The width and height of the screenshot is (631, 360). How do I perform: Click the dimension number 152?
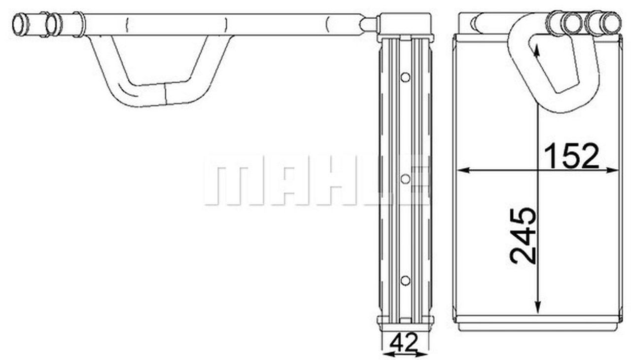pyautogui.click(x=571, y=155)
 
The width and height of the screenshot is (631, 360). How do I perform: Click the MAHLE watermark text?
pyautogui.click(x=315, y=180)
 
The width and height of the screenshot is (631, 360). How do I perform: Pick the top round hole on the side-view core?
pyautogui.click(x=405, y=77)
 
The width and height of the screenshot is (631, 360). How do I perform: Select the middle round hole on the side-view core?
pyautogui.click(x=405, y=179)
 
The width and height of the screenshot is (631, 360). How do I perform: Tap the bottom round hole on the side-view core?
pyautogui.click(x=405, y=280)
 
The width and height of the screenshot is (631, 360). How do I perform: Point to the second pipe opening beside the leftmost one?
pyautogui.click(x=53, y=24)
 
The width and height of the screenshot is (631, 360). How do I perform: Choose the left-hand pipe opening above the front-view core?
pyautogui.click(x=572, y=23)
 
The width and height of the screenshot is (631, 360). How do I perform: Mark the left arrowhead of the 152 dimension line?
pyautogui.click(x=462, y=170)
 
